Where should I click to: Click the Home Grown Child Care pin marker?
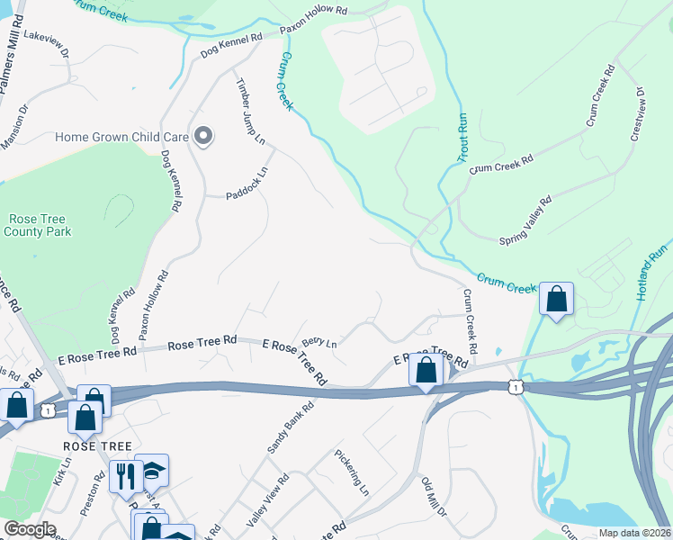(x=203, y=136)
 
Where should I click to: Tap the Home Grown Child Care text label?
(x=121, y=137)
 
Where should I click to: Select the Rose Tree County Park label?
(x=38, y=225)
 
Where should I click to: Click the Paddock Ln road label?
(x=247, y=183)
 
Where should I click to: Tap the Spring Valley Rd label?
(x=525, y=221)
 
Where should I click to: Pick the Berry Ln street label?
(x=319, y=342)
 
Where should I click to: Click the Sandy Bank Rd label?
(x=290, y=427)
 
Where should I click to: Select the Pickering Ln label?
(x=352, y=473)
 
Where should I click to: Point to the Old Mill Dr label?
(x=434, y=498)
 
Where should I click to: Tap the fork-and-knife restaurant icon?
(x=124, y=473)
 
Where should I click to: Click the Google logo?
(x=29, y=529)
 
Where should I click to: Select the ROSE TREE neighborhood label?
(x=97, y=446)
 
